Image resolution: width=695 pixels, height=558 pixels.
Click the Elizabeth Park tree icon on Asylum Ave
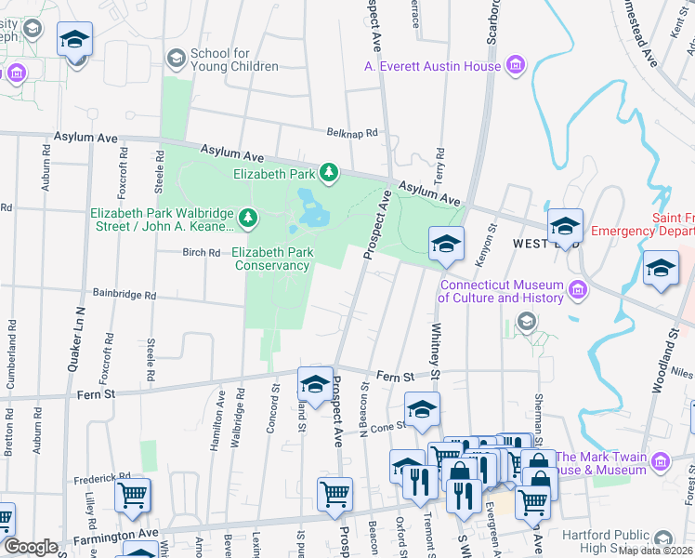[328, 172]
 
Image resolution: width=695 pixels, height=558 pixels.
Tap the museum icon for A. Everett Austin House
[515, 64]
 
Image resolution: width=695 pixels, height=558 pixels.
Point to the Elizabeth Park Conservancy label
[270, 259]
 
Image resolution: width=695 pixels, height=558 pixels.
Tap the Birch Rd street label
[201, 252]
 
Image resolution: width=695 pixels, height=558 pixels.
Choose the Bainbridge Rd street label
[124, 295]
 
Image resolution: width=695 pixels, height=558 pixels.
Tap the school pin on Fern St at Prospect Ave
[316, 384]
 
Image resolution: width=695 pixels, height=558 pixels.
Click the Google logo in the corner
[31, 547]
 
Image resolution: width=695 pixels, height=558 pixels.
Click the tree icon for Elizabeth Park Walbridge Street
[247, 219]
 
